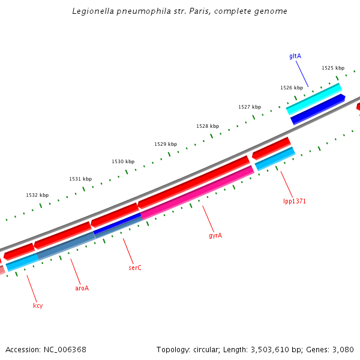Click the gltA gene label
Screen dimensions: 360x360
click(295, 56)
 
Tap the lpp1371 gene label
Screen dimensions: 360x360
click(295, 201)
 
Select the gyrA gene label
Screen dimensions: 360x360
click(215, 235)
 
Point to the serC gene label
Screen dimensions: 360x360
click(135, 267)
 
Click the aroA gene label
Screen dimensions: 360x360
click(82, 288)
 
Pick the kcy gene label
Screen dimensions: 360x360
click(38, 305)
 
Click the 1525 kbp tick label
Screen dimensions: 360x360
click(332, 68)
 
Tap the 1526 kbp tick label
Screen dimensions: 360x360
click(292, 88)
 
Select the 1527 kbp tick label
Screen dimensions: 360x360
click(250, 107)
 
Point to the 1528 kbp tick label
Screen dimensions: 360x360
click(208, 126)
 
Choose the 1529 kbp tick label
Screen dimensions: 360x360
click(166, 144)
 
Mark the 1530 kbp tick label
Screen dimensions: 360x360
click(123, 161)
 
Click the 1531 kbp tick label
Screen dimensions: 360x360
click(80, 179)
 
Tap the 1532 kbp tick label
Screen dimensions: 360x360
click(37, 195)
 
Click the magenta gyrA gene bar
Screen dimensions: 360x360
click(198, 191)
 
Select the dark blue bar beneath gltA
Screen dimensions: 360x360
click(318, 109)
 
